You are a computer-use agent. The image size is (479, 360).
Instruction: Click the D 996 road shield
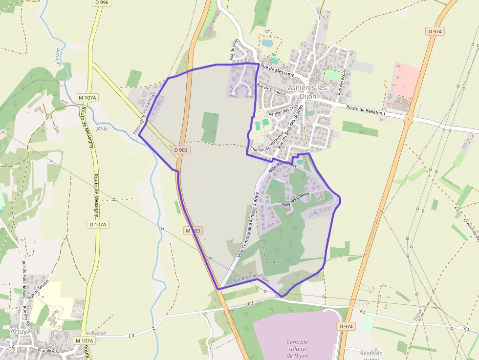point(102,3)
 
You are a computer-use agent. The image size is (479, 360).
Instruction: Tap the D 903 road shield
point(180,150)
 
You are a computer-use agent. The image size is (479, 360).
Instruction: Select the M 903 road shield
point(193,230)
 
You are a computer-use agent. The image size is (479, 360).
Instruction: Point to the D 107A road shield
point(98,224)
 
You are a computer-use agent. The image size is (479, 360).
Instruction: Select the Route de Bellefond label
point(366,110)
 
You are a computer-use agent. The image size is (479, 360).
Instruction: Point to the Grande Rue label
point(48,350)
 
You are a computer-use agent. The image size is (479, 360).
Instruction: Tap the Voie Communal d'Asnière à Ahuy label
point(247,224)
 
